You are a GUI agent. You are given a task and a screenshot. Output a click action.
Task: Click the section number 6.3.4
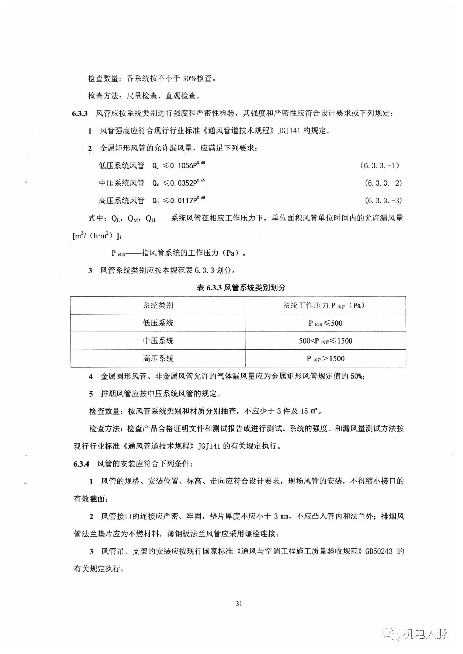(x=81, y=464)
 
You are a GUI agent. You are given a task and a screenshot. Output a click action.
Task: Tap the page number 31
(x=239, y=603)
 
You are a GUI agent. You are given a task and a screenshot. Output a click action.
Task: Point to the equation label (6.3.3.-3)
(x=383, y=200)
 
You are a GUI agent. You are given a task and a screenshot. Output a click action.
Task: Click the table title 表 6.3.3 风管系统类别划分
(x=241, y=287)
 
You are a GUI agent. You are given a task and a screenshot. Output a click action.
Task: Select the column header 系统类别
(x=158, y=306)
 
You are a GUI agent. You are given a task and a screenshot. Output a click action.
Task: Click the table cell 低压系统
(x=158, y=323)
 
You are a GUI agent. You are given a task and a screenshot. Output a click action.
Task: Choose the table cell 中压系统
(x=158, y=341)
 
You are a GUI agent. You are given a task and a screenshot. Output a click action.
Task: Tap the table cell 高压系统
(x=158, y=359)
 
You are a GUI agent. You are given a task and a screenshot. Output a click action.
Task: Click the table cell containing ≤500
(x=325, y=323)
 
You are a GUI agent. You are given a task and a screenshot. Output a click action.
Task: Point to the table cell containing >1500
(x=325, y=359)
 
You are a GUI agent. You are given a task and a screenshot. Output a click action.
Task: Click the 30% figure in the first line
(x=188, y=78)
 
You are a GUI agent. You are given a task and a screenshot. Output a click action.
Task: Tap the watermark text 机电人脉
(x=425, y=634)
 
